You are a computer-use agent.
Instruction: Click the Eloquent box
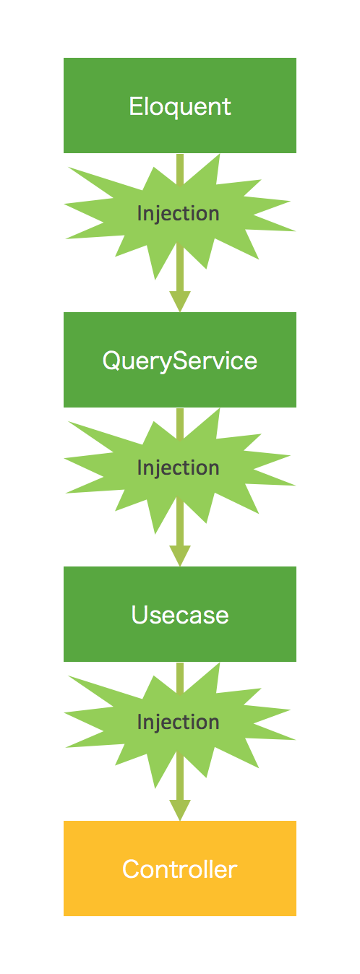tap(180, 105)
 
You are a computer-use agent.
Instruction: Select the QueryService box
tap(180, 360)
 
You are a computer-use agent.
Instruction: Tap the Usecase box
tap(180, 614)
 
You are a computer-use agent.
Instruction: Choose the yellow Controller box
tap(180, 869)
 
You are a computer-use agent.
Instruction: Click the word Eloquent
tap(180, 107)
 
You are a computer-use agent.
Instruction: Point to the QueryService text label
tap(180, 361)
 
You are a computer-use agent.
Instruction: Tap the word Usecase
tap(180, 615)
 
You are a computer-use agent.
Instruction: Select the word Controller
tap(180, 869)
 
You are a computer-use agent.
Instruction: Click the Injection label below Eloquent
tap(179, 214)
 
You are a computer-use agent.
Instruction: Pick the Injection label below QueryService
tap(179, 468)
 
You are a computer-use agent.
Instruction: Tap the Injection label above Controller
tap(179, 723)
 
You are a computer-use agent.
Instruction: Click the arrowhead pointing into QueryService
tap(180, 301)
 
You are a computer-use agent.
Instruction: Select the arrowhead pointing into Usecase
tap(180, 556)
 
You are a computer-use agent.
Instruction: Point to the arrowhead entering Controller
tap(180, 810)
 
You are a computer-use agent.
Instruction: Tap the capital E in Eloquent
tap(136, 106)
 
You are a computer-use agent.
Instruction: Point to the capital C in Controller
tap(132, 869)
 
